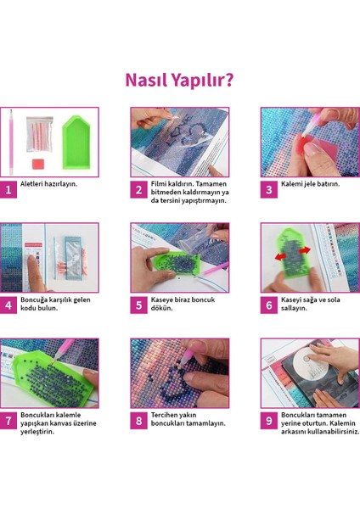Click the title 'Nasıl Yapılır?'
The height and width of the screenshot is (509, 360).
(x=180, y=80)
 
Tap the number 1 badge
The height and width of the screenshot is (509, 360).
(x=9, y=190)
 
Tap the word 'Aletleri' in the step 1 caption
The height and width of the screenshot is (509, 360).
(x=36, y=184)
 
